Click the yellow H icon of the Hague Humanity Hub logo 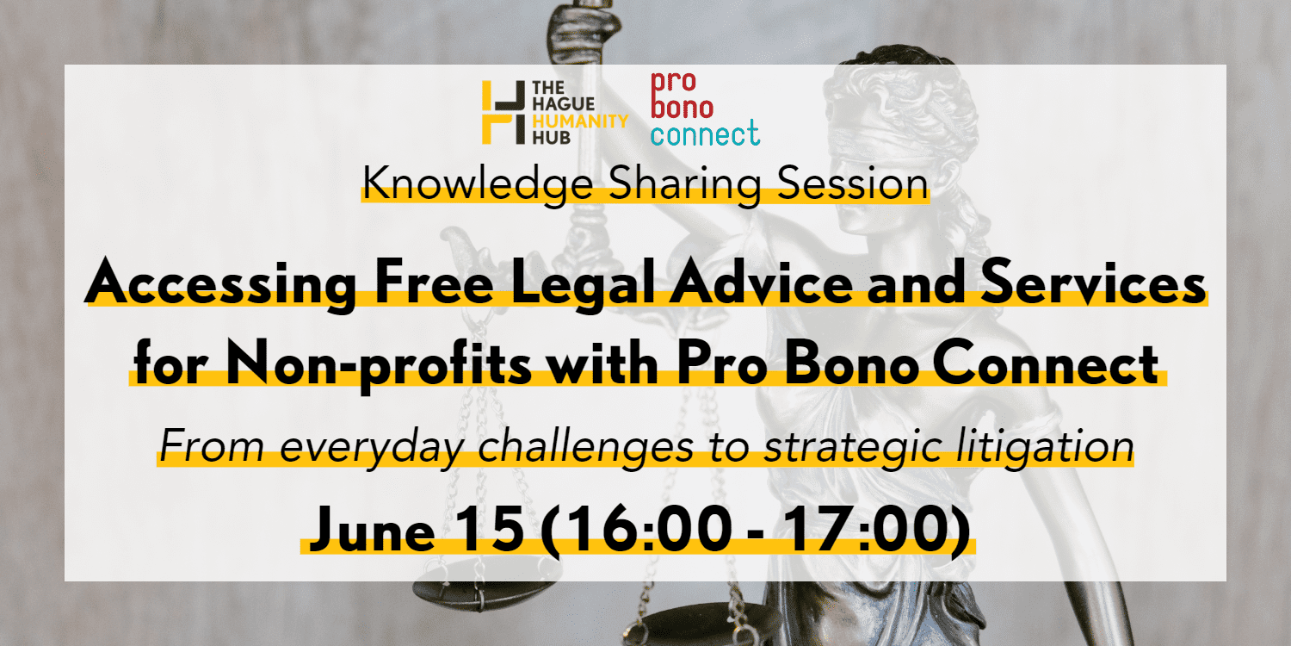click(x=503, y=112)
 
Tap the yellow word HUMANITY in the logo click(x=580, y=121)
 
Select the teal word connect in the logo click(x=705, y=134)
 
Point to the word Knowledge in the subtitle click(x=478, y=184)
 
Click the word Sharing click(x=685, y=184)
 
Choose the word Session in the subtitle click(x=853, y=183)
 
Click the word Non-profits click(x=378, y=364)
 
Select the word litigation click(x=1044, y=446)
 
